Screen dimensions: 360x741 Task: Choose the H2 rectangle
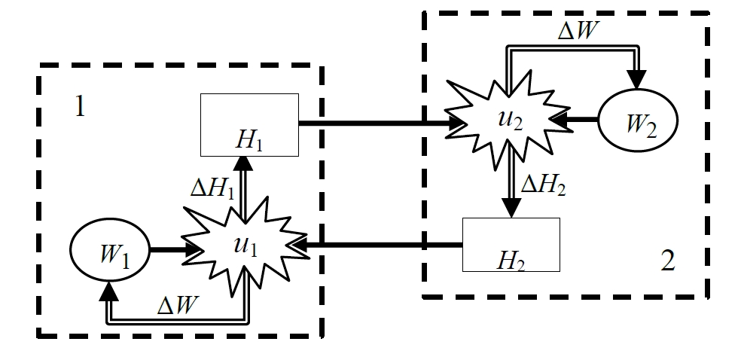511,245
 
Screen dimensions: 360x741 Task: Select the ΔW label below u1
177,306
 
